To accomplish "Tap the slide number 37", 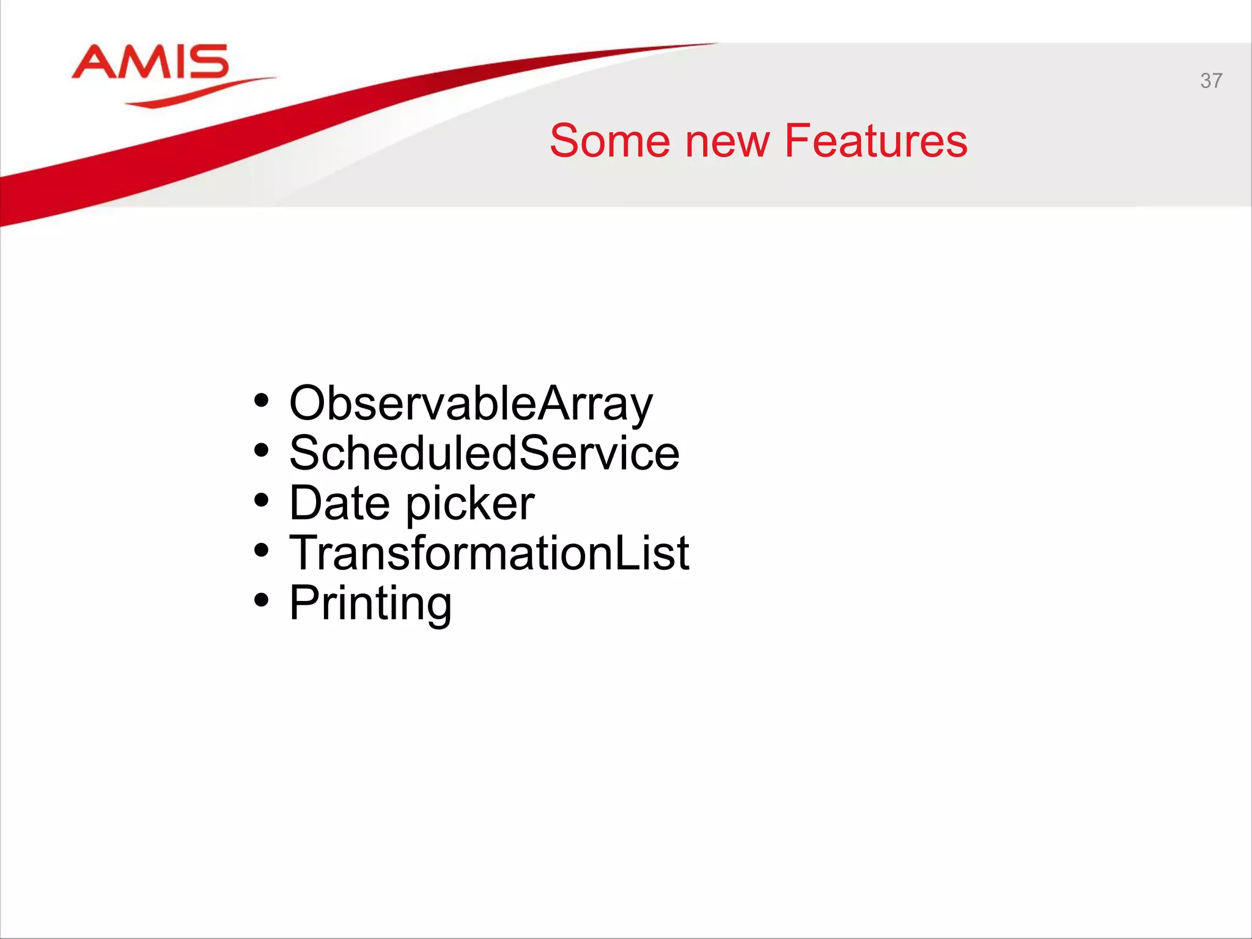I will [1210, 81].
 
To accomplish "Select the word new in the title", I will [727, 141].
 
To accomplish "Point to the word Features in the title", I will [875, 141].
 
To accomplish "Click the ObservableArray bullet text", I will [471, 403].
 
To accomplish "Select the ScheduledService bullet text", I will [484, 454].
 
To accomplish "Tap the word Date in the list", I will [339, 503].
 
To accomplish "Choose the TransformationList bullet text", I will [489, 553].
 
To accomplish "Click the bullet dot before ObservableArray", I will [262, 402].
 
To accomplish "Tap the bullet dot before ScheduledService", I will [262, 451].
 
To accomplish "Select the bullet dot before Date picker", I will [262, 501].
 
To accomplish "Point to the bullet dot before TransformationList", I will [262, 551].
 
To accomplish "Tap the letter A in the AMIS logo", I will [95, 62].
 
